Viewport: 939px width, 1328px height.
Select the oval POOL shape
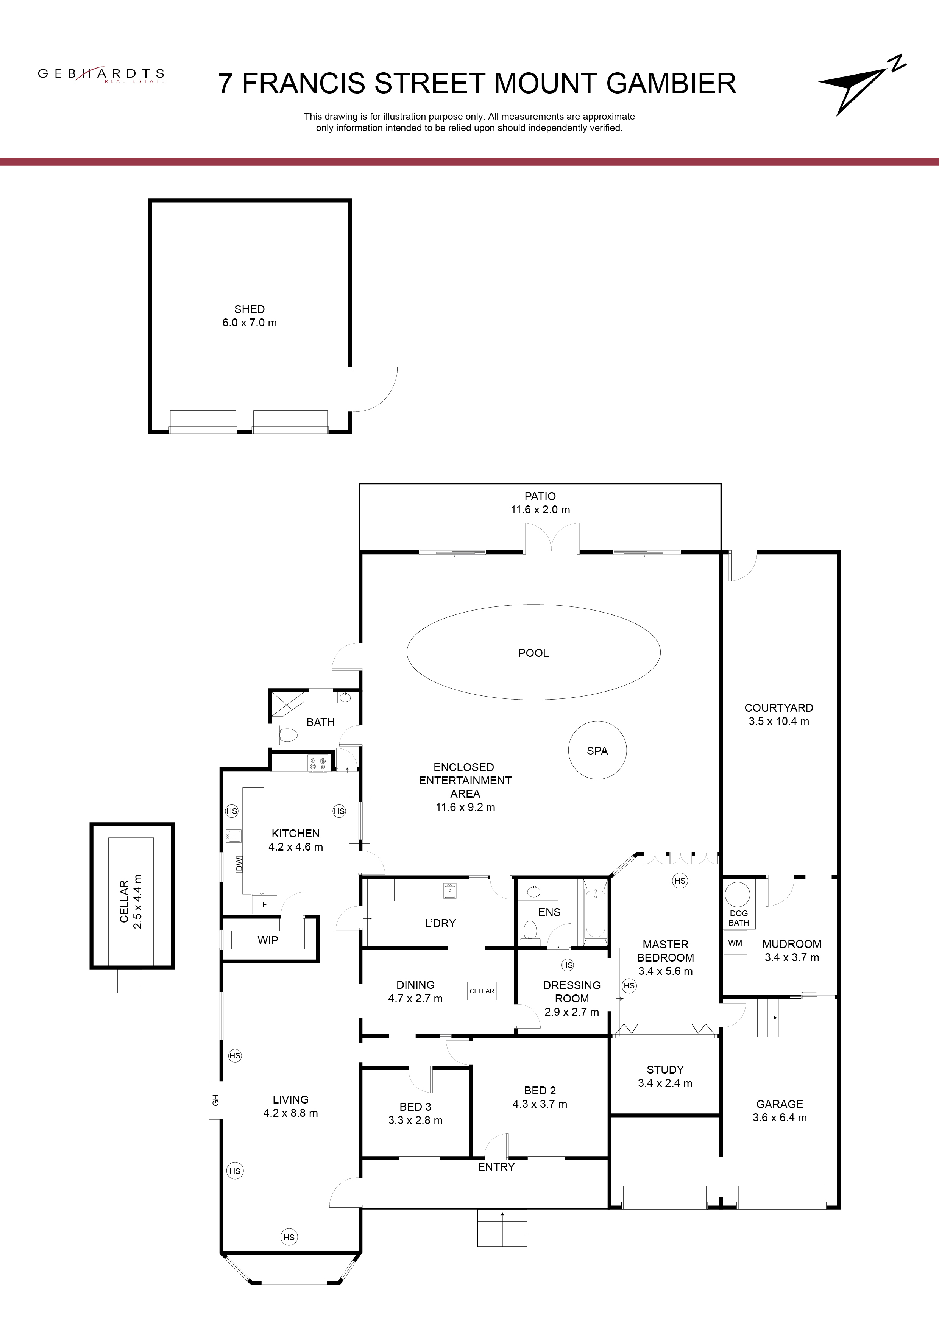click(x=533, y=652)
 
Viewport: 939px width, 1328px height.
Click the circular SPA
click(x=597, y=750)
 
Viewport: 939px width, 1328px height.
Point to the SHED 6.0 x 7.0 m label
click(x=250, y=316)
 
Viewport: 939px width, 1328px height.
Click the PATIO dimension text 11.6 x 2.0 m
click(x=540, y=510)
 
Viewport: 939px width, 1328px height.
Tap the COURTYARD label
click(x=779, y=708)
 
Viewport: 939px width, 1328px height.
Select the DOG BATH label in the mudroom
click(x=739, y=918)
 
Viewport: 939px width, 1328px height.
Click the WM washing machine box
click(x=735, y=943)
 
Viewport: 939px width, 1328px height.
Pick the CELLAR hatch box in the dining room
click(x=482, y=991)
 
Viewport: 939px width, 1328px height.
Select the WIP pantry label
click(x=268, y=940)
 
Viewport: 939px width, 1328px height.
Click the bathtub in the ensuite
click(x=595, y=914)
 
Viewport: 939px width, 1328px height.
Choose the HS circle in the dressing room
click(x=567, y=965)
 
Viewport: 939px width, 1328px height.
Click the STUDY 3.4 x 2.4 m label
click(x=665, y=1076)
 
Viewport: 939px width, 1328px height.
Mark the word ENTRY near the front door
click(x=496, y=1167)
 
